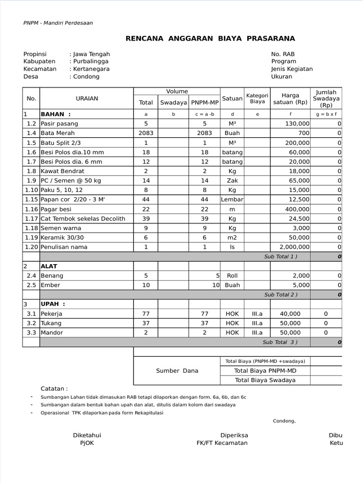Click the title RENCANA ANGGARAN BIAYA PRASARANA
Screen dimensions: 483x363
click(210, 38)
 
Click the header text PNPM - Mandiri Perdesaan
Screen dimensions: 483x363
click(58, 23)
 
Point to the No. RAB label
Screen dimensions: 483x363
click(283, 54)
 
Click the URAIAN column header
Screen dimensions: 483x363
click(87, 99)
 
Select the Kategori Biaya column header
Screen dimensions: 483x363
click(257, 99)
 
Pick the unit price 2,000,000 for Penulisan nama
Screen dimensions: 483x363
click(294, 247)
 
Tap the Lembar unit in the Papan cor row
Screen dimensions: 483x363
click(232, 200)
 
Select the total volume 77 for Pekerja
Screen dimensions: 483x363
click(146, 314)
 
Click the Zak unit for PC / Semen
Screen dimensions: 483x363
click(232, 181)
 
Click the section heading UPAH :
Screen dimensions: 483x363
click(53, 304)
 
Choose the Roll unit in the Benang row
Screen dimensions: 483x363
click(232, 275)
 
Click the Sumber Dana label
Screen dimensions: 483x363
click(177, 371)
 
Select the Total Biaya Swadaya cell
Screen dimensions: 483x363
click(265, 380)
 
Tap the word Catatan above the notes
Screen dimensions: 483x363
click(54, 389)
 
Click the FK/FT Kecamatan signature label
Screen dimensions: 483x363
click(222, 443)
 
